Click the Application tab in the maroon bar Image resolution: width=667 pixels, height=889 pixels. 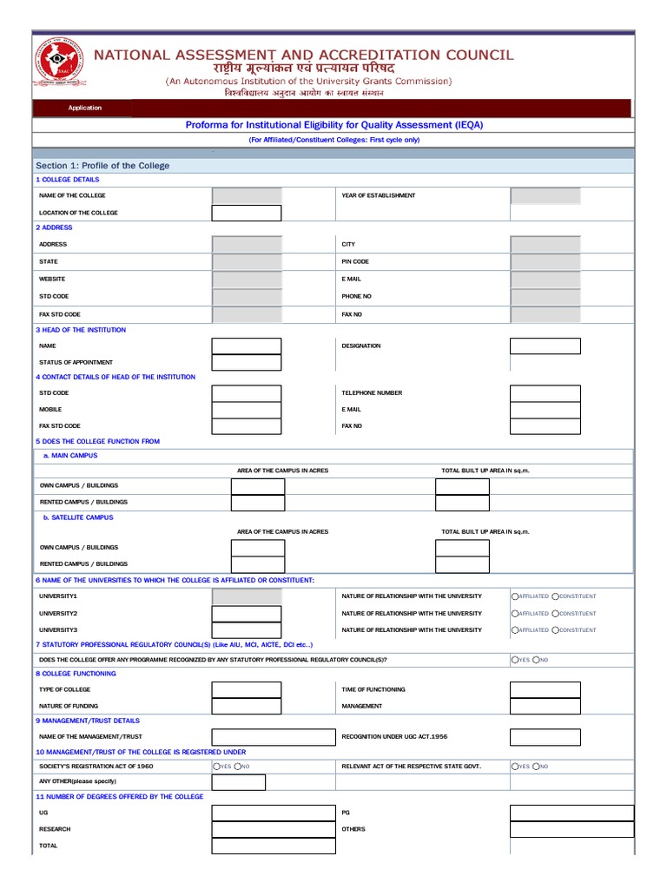[x=85, y=108]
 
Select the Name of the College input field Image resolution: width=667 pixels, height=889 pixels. [x=247, y=196]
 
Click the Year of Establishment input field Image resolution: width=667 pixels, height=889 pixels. [x=545, y=196]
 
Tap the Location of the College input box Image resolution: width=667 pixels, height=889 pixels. [x=247, y=213]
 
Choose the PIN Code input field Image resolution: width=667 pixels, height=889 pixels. [x=545, y=261]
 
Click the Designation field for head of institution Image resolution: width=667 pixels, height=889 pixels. [x=545, y=346]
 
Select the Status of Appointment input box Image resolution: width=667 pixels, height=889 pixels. [x=247, y=363]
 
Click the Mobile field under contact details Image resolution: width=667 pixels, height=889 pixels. [x=247, y=410]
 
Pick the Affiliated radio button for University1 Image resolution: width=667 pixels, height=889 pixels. [x=515, y=596]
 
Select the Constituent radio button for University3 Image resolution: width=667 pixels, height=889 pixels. [x=556, y=629]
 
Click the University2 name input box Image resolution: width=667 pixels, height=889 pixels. [x=247, y=614]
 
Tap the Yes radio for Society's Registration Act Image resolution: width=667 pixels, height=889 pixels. [x=216, y=767]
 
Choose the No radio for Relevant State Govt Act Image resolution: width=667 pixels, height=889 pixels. [x=537, y=767]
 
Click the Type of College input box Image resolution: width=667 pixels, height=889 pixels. [x=247, y=690]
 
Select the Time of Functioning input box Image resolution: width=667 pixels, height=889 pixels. [x=545, y=690]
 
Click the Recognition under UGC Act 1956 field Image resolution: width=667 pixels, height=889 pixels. [x=545, y=737]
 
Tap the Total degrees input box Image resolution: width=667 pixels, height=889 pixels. [x=274, y=846]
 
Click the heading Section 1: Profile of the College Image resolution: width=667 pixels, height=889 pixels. [x=102, y=166]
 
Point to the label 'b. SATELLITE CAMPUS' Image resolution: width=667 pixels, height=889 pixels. [x=78, y=517]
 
